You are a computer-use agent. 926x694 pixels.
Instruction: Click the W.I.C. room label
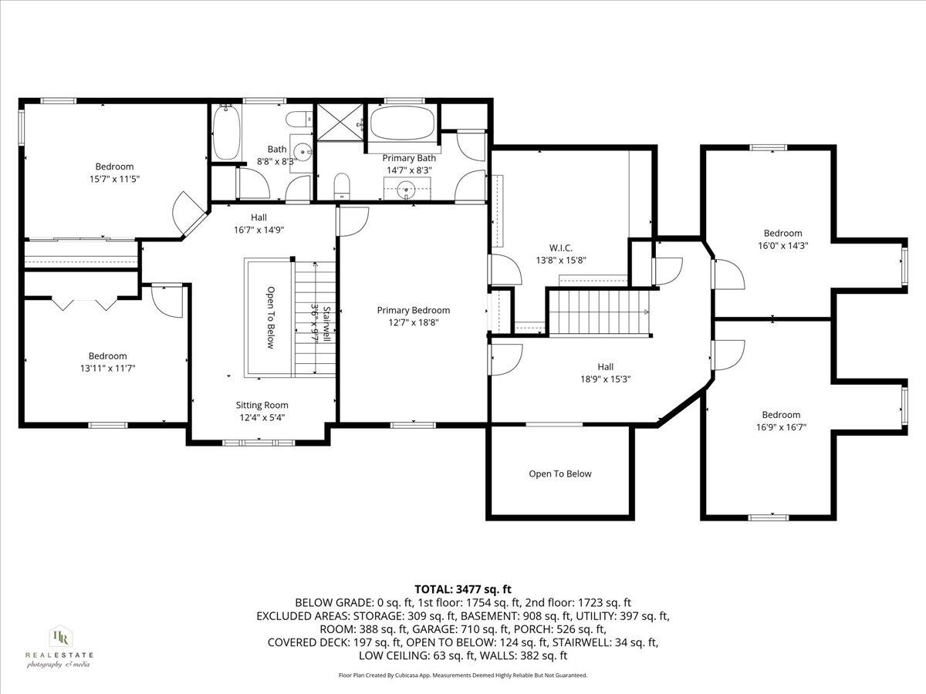(561, 248)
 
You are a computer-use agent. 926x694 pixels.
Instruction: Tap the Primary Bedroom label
(413, 310)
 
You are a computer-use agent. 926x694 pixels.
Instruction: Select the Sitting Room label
(262, 405)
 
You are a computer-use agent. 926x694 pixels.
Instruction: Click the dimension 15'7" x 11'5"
(114, 178)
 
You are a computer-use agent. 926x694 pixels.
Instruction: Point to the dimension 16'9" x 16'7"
(782, 426)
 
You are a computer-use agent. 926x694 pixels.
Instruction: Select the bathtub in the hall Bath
(226, 132)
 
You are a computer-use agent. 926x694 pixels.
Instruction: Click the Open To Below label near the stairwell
(270, 318)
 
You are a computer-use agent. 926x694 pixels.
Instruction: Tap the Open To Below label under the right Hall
(560, 474)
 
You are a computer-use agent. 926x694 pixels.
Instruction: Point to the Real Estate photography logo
(59, 646)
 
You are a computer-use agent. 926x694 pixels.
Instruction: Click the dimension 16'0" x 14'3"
(782, 245)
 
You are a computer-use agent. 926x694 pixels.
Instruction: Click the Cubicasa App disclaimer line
(463, 675)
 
